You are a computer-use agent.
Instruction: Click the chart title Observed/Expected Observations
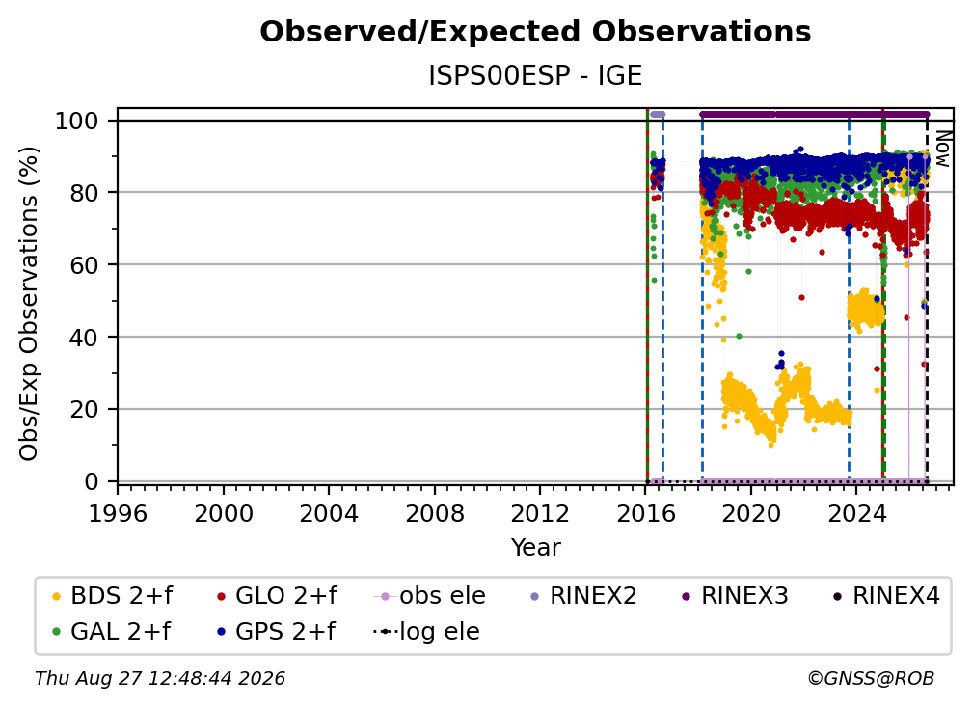click(535, 32)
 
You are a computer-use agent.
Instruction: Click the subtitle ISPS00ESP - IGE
click(535, 75)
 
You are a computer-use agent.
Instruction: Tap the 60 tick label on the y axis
click(84, 264)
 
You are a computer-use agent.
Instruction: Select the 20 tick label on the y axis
click(84, 409)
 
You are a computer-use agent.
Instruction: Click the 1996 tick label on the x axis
click(118, 513)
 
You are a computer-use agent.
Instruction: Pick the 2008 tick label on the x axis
click(435, 513)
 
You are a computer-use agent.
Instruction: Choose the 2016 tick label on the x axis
click(646, 513)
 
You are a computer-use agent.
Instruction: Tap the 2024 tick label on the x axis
click(856, 513)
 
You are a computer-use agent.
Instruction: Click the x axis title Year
click(535, 548)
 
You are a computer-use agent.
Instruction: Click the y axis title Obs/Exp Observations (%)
click(29, 303)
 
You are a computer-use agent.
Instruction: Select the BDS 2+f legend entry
click(112, 596)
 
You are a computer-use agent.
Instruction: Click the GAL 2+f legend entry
click(111, 631)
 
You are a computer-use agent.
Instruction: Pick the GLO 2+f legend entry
click(277, 596)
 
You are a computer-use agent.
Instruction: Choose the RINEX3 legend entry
click(735, 596)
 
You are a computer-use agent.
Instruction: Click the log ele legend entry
click(426, 631)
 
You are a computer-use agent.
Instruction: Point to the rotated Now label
click(942, 149)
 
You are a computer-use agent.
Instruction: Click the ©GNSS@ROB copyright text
click(871, 678)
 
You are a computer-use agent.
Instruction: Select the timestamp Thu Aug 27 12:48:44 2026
click(160, 678)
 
